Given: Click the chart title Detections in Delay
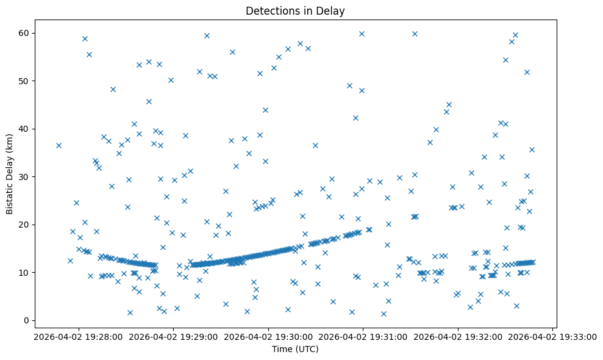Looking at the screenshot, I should click(294, 11).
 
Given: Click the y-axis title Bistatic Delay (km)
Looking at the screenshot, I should click(9, 174).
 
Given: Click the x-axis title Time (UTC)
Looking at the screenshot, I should click(295, 350).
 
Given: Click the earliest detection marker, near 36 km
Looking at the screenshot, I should click(59, 145).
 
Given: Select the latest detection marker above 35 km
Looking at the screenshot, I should click(532, 149).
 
